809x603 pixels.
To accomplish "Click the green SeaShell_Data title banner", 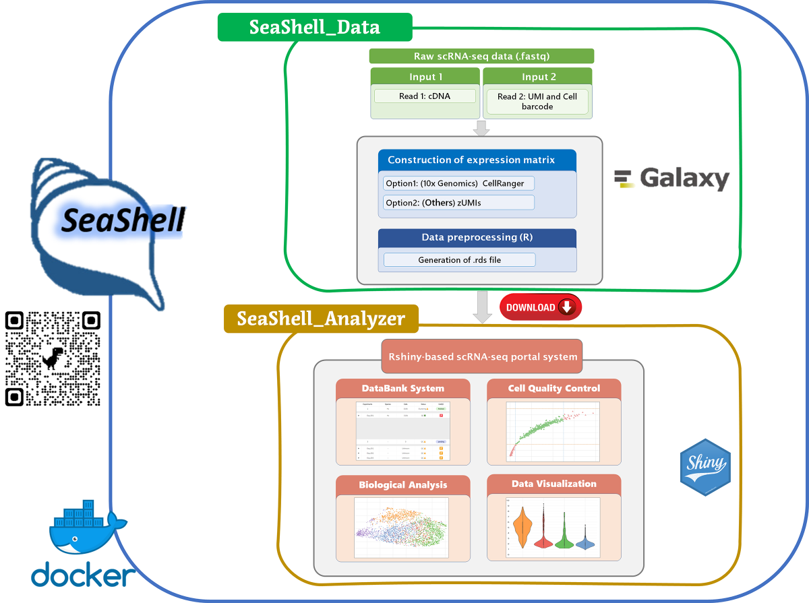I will coord(314,27).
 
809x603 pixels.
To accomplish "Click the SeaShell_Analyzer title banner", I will coord(321,319).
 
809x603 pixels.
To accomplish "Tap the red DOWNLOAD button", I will coord(540,307).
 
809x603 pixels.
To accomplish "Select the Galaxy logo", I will coord(671,179).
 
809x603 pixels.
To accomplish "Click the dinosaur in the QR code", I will coord(53,358).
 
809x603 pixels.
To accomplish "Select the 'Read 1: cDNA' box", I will coord(425,96).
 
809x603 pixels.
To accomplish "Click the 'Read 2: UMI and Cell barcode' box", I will coord(537,102).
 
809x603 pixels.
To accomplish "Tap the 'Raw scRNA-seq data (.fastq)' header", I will coord(481,57).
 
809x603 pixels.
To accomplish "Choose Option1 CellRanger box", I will coord(458,183).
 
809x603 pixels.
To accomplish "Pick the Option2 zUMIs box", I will coord(458,202).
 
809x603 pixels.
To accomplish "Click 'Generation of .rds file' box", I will coord(459,260).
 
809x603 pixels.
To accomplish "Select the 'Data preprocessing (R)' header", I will coord(477,238).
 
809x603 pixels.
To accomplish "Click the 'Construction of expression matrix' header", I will coord(477,160).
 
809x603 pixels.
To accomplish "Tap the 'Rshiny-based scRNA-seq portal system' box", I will coord(482,356).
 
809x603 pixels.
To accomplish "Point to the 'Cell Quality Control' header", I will coord(553,388).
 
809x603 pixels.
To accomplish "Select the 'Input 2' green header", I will coord(537,77).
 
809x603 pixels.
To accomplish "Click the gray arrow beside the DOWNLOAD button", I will coord(481,307).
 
